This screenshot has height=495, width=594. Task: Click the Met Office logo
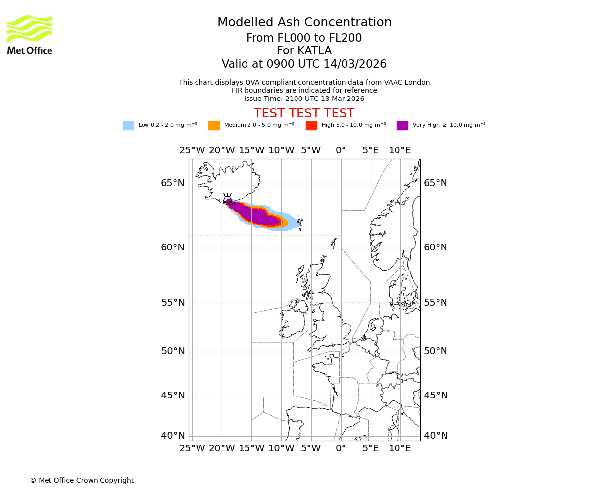tap(30, 35)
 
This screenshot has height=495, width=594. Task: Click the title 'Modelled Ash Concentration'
tap(304, 22)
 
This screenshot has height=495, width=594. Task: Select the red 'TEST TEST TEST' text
tap(304, 113)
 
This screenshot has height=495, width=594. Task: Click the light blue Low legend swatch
tap(128, 126)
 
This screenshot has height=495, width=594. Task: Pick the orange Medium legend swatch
tap(214, 126)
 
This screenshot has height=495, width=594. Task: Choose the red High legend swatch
tap(311, 126)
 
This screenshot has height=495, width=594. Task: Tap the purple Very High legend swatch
tap(402, 126)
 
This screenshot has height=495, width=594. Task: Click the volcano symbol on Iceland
tap(228, 199)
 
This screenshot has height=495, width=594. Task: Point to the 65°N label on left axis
tap(173, 183)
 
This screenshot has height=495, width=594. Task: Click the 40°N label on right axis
tap(435, 436)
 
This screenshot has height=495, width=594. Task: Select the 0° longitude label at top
tap(341, 150)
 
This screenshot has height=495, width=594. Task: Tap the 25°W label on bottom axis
tap(192, 448)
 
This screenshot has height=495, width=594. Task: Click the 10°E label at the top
tap(400, 150)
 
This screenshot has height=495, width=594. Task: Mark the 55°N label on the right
tap(435, 302)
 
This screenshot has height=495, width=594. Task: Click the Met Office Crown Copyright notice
tap(82, 480)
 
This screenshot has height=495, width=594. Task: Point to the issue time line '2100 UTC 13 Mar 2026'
tap(304, 99)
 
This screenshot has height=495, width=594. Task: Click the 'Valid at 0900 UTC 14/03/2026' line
tap(304, 64)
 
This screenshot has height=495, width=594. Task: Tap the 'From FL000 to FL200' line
tap(304, 38)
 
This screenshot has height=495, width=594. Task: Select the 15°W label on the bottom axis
tap(251, 448)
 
